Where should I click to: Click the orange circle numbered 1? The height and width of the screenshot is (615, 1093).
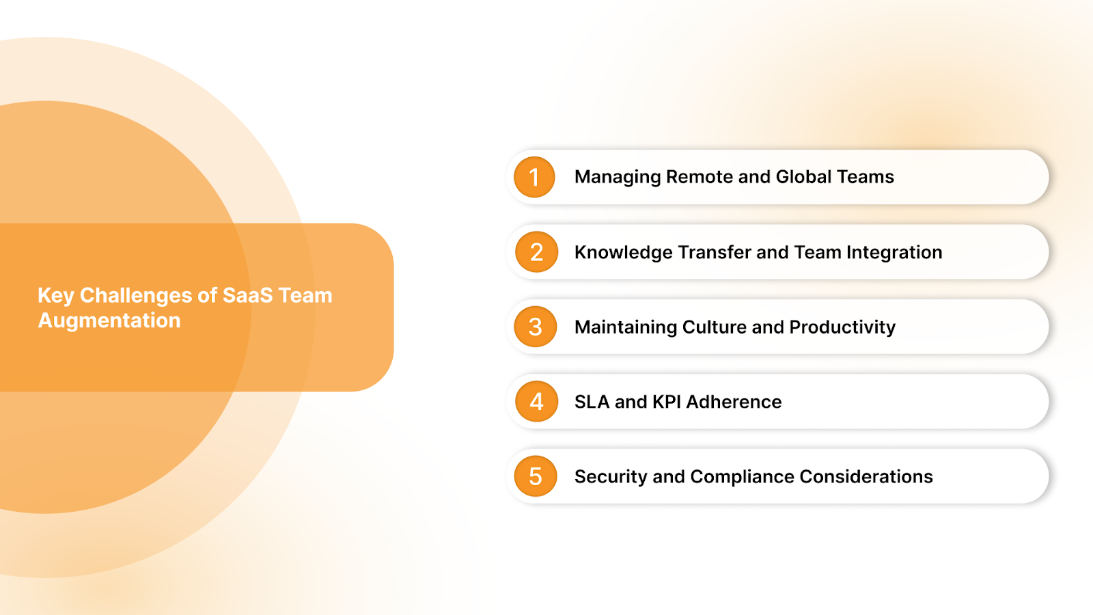tap(534, 177)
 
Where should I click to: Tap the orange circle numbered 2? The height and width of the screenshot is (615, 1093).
tap(536, 252)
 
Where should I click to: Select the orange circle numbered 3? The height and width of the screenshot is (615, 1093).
tap(536, 327)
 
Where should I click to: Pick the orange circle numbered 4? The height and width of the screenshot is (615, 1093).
tap(536, 402)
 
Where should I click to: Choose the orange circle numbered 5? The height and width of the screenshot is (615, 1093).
tap(536, 476)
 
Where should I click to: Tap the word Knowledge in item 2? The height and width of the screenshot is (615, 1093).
tap(624, 253)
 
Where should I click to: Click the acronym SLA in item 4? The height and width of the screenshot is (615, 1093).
tap(592, 402)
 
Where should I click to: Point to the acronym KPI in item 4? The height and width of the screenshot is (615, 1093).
tap(667, 402)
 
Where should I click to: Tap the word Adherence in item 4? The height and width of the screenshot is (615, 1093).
tap(734, 402)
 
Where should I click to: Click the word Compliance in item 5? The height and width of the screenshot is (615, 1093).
tap(742, 477)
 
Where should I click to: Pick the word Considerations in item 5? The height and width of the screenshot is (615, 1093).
tap(866, 476)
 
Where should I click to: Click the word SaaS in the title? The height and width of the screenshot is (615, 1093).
tap(247, 295)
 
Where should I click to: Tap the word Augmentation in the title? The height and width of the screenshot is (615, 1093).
tap(109, 320)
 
